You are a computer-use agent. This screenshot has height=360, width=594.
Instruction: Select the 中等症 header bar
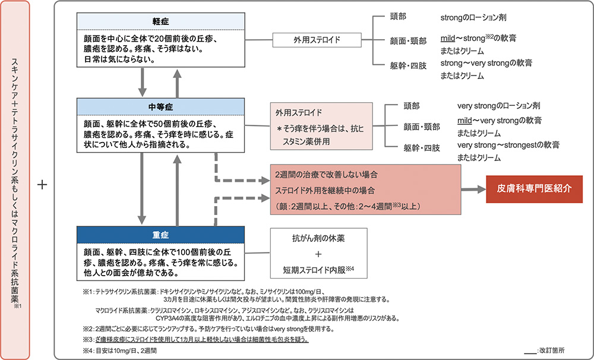[x=160, y=106]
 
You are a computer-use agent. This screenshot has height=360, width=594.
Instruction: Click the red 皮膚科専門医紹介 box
[x=535, y=189]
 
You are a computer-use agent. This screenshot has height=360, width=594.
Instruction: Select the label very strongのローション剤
[x=498, y=106]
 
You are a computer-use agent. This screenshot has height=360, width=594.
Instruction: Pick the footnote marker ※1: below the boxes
[x=90, y=292]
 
